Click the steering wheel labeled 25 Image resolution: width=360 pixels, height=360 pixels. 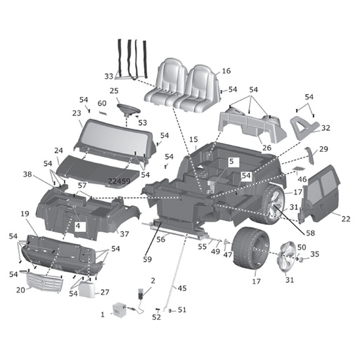click(x=129, y=109)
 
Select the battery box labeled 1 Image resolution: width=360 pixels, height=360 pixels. click(x=120, y=309)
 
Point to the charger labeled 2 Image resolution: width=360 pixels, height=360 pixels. click(x=141, y=293)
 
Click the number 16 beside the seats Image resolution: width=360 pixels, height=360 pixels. click(x=226, y=71)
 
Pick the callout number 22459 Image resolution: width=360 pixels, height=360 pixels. click(x=120, y=181)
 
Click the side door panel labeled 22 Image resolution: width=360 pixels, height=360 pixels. click(x=321, y=193)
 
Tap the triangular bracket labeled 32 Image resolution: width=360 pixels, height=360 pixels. click(x=304, y=127)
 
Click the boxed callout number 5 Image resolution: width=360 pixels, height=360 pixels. click(x=231, y=162)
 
